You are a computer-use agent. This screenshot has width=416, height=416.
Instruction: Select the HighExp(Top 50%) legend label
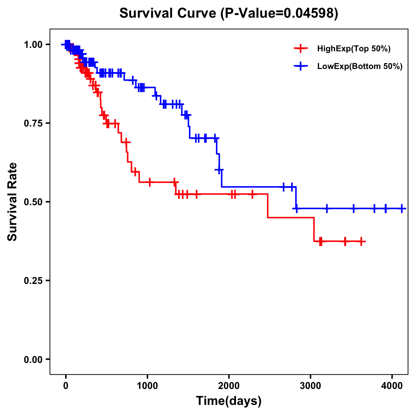point(354,49)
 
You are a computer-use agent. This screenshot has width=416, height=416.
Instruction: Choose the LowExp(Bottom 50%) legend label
point(360,67)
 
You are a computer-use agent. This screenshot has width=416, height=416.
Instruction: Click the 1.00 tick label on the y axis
point(33,44)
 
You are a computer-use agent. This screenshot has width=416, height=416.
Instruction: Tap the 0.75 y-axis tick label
point(33,123)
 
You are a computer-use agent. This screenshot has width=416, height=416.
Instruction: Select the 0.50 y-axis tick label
point(33,202)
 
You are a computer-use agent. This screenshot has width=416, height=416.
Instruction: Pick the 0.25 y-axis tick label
point(33,280)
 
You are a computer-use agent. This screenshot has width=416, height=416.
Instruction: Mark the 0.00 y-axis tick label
point(33,359)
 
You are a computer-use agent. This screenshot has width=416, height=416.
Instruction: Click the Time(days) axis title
point(229,401)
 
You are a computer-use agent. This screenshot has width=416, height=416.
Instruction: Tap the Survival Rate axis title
point(13,201)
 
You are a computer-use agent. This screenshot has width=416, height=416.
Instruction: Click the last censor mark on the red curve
point(361,241)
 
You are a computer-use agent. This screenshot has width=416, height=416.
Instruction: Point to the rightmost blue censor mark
point(402,209)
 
